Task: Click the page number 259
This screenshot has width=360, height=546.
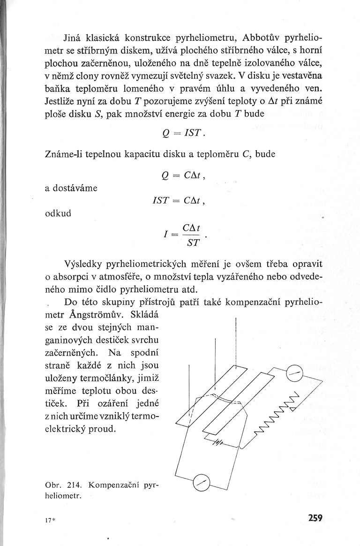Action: [315, 518]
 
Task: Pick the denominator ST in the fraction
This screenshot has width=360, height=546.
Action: [193, 243]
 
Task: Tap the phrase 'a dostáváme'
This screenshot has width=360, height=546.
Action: [71, 188]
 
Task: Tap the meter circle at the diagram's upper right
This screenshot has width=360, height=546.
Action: [295, 374]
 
